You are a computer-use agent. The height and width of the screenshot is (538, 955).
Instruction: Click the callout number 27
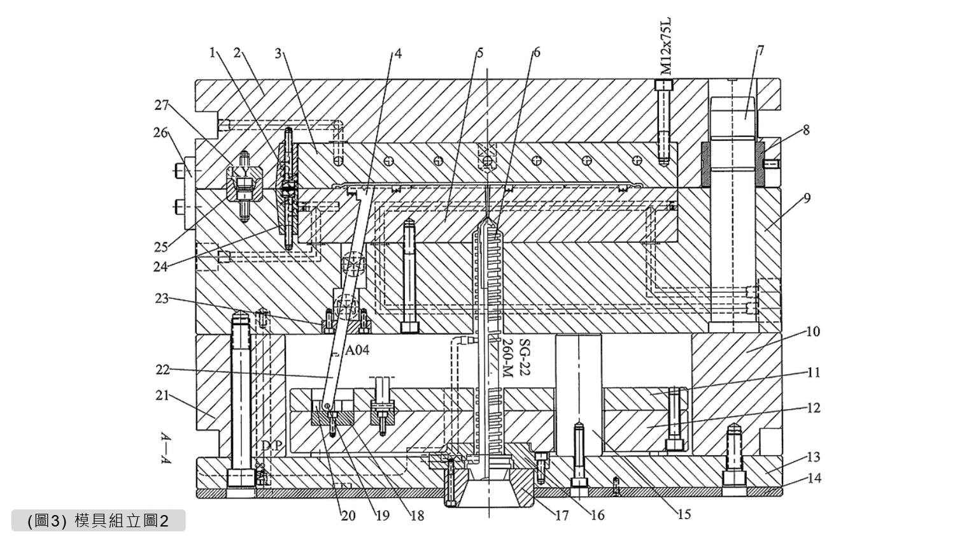click(x=162, y=105)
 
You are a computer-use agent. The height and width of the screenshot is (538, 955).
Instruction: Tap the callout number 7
click(x=760, y=50)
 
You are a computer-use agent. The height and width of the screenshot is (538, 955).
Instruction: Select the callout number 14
click(x=813, y=477)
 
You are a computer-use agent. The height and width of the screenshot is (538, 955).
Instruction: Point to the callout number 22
click(x=162, y=370)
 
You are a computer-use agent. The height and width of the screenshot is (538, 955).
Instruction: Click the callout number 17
click(x=562, y=514)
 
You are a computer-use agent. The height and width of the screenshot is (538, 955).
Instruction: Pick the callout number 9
click(x=807, y=198)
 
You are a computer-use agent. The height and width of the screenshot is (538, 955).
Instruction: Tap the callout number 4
click(x=398, y=54)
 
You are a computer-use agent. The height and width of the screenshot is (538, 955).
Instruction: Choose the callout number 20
click(x=348, y=515)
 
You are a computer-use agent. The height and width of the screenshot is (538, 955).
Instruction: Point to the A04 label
click(x=357, y=350)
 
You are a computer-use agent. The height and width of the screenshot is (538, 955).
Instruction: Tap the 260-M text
click(x=507, y=358)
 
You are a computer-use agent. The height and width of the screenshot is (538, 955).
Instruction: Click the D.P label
click(x=271, y=446)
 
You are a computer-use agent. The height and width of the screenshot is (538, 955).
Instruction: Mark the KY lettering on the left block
click(x=241, y=172)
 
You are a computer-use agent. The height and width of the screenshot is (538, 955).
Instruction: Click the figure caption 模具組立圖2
click(x=121, y=521)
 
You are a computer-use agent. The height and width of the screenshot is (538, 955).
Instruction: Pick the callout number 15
click(x=684, y=514)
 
